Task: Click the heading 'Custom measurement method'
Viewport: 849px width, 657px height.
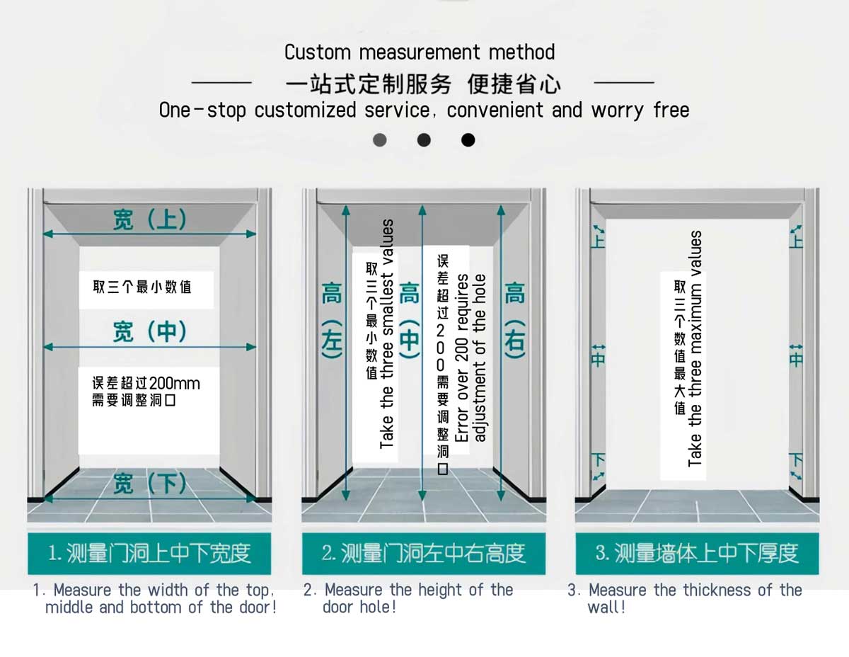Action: (x=420, y=52)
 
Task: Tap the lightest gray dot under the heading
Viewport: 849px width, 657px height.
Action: (x=380, y=140)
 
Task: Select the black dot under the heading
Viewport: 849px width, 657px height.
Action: (x=468, y=140)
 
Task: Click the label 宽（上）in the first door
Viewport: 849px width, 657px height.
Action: (x=149, y=219)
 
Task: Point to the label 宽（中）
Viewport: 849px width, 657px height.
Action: (x=149, y=331)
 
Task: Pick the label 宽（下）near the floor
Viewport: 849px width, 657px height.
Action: (x=149, y=484)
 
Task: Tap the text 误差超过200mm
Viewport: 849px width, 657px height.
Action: (x=146, y=384)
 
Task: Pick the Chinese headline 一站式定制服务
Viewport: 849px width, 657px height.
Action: (x=368, y=84)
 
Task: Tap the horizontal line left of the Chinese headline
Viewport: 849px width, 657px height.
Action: (x=221, y=84)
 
